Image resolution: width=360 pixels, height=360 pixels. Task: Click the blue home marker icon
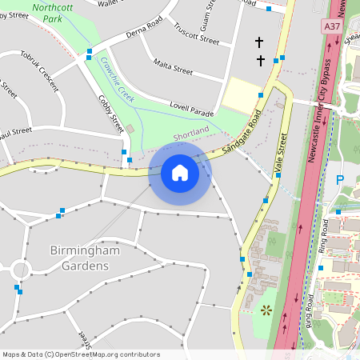(x=180, y=173)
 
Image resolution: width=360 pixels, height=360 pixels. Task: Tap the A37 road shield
(x=332, y=26)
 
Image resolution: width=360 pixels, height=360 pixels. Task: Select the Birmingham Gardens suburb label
(x=85, y=258)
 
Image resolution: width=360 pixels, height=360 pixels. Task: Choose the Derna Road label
(x=146, y=34)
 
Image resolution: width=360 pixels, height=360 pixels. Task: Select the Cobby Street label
(x=111, y=114)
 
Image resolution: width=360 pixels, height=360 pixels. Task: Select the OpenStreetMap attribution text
(x=80, y=354)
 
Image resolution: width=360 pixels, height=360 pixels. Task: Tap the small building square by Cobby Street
(x=130, y=129)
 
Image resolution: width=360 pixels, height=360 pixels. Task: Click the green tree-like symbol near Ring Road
(x=267, y=310)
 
